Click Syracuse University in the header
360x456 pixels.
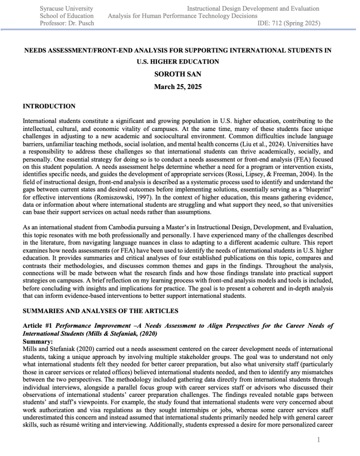(x=66, y=8)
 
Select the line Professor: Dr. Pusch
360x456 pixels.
(x=67, y=23)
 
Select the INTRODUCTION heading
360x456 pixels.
(x=49, y=106)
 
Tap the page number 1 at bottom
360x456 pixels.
(x=319, y=440)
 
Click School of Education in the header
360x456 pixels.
(x=67, y=16)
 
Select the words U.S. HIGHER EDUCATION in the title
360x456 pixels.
(x=178, y=62)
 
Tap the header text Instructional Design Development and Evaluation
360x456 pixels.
(x=253, y=8)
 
